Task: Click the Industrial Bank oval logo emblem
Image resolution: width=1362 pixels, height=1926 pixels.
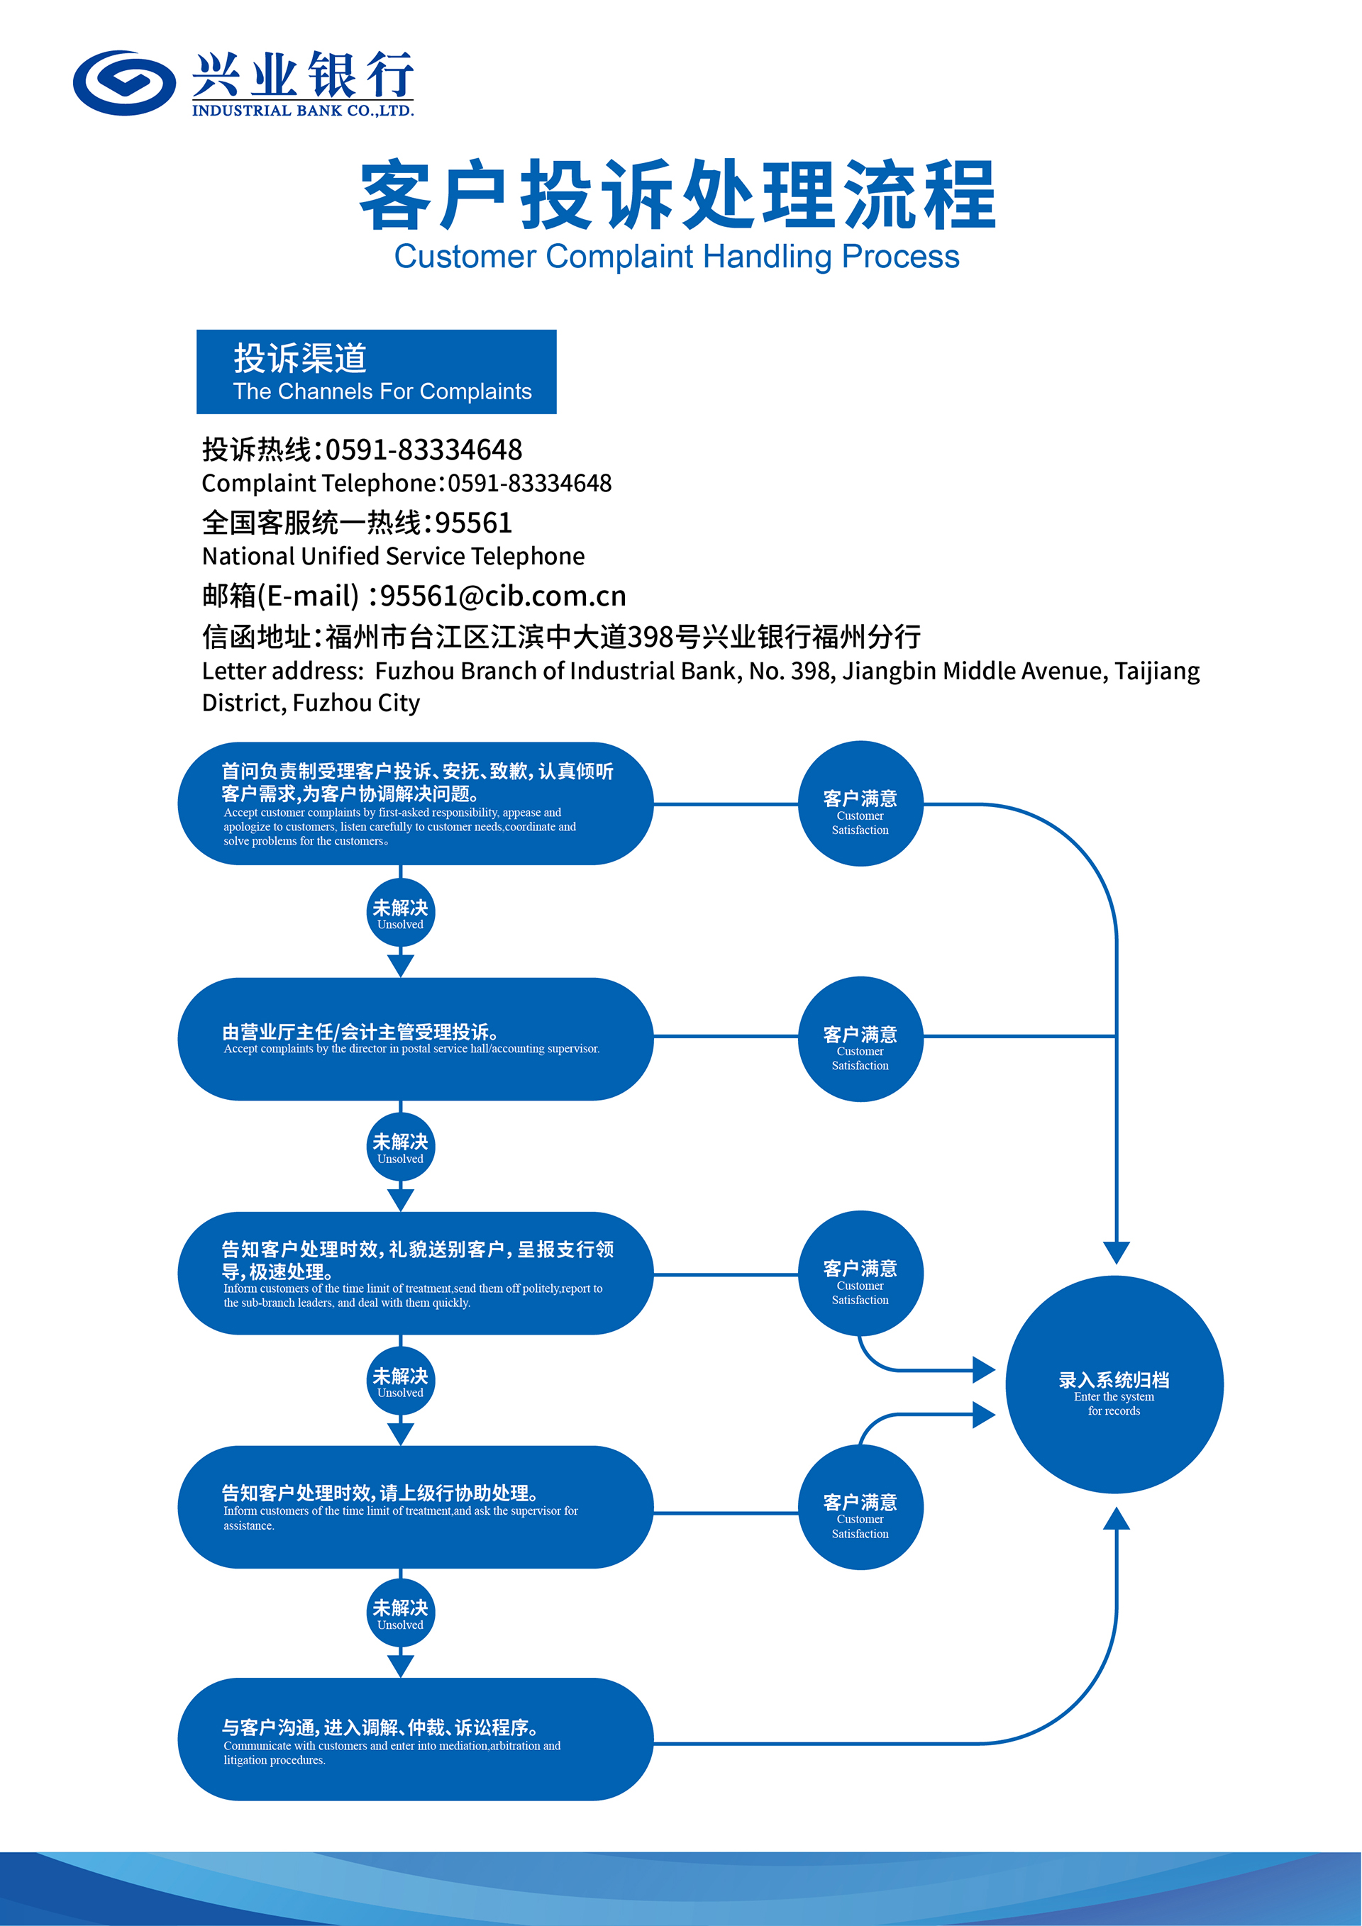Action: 124,82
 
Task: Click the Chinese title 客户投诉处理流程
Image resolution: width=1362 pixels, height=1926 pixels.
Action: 677,196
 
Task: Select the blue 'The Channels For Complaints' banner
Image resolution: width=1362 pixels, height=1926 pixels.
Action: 376,372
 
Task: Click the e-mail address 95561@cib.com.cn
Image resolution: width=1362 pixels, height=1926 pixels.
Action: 503,596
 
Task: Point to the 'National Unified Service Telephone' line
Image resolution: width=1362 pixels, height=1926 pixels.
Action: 393,556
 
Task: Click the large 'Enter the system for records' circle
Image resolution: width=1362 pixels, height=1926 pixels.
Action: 1114,1385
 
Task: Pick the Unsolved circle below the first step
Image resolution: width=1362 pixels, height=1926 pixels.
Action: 400,913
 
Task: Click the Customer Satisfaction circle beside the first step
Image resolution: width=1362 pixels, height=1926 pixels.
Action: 860,803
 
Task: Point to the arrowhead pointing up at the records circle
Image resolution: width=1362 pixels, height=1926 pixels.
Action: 1116,1519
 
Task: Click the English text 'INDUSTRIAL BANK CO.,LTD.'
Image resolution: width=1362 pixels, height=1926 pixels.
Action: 303,111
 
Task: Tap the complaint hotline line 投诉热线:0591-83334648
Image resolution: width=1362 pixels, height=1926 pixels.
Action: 362,450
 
